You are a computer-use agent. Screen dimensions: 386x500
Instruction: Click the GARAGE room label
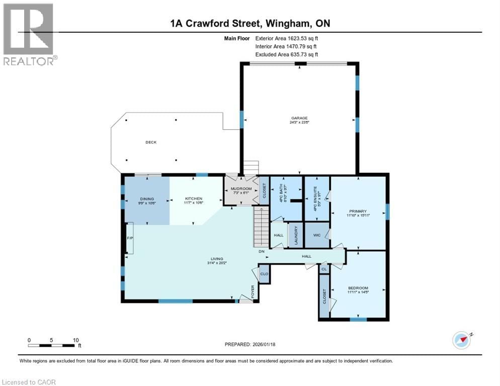298,118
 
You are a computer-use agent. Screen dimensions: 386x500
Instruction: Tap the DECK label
151,142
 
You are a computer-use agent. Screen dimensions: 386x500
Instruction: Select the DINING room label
146,199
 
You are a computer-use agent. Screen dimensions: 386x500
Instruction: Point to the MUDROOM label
240,189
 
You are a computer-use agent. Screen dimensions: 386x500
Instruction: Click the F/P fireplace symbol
129,238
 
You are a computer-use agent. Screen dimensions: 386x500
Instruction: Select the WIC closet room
317,235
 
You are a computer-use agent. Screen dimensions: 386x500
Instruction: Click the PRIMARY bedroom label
358,211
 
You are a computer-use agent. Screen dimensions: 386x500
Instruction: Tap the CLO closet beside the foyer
264,274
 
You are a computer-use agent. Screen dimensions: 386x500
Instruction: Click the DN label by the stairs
262,251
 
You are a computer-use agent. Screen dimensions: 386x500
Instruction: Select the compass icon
461,340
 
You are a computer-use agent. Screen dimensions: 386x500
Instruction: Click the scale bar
53,345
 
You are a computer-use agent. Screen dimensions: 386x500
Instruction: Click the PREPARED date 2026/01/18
250,344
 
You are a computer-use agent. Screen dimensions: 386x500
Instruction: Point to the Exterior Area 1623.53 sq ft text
287,38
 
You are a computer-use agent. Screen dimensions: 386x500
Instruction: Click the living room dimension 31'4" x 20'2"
217,262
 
